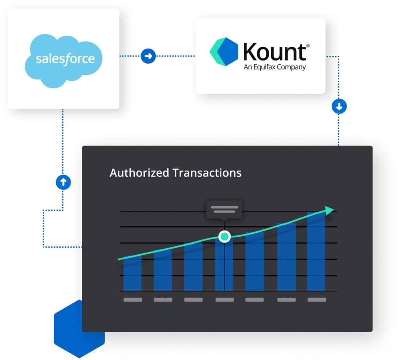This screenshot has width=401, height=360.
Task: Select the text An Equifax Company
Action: [275, 67]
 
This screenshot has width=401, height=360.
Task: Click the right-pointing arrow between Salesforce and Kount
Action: [148, 56]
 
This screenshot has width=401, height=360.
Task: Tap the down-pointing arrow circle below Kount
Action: [339, 107]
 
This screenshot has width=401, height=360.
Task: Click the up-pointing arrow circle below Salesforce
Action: [63, 182]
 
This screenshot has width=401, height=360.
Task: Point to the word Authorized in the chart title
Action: [139, 173]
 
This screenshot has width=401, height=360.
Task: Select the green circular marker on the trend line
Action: [225, 236]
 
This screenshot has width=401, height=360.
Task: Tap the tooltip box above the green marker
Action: [224, 209]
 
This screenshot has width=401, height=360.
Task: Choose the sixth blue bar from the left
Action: [286, 257]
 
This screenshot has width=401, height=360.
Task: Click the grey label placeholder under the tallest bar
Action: [316, 300]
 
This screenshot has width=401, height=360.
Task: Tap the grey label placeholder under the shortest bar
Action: [133, 300]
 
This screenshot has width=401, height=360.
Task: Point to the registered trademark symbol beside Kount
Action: [308, 46]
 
